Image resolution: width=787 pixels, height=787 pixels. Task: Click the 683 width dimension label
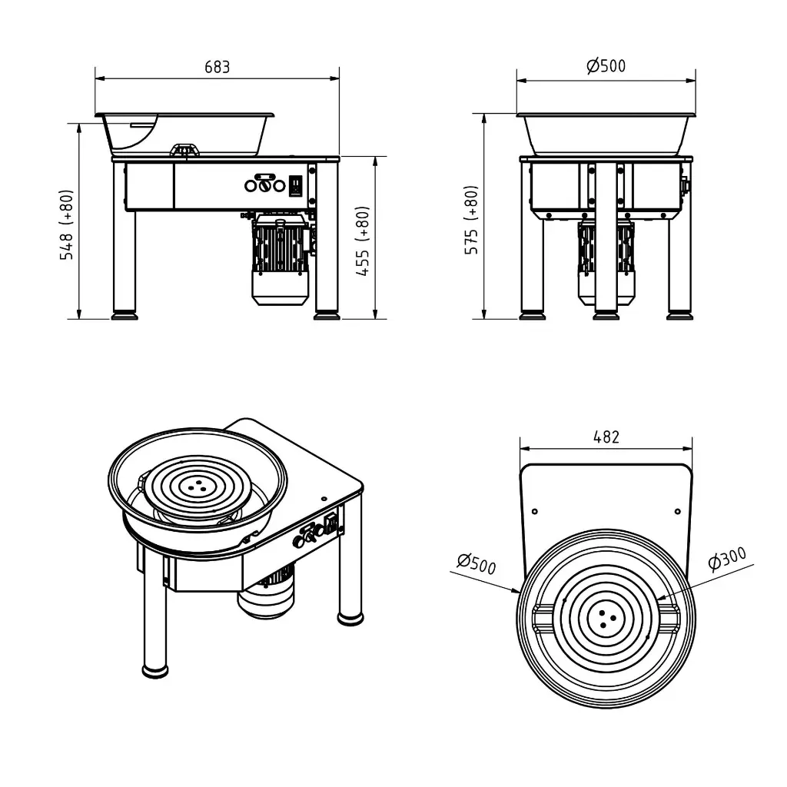(x=218, y=67)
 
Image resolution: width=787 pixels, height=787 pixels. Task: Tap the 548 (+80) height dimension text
(x=67, y=224)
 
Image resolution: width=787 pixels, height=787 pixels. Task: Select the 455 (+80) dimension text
(x=363, y=241)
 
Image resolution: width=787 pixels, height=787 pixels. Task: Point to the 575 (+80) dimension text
(x=471, y=220)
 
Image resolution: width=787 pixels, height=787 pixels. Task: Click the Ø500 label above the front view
(x=606, y=66)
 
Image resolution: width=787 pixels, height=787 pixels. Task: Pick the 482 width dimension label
(x=606, y=437)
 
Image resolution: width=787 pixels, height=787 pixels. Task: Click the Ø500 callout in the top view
(x=477, y=563)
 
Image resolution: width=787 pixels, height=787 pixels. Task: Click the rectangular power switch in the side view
(x=296, y=186)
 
